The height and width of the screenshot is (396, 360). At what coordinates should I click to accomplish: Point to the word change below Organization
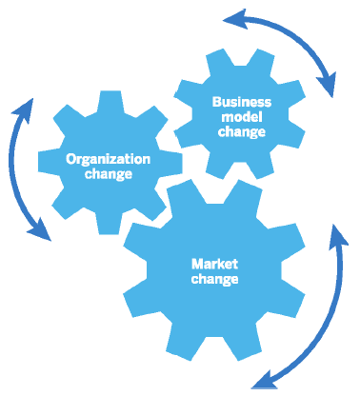click(x=108, y=175)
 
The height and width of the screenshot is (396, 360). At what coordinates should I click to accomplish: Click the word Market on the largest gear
click(x=213, y=263)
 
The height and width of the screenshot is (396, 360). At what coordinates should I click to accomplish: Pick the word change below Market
click(x=213, y=279)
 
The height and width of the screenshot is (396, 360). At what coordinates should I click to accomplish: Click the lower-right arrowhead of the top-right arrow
click(x=328, y=89)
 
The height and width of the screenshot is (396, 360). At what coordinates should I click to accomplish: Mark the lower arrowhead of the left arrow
click(x=43, y=232)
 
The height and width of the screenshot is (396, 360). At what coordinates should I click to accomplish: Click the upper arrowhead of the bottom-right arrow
click(x=339, y=234)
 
